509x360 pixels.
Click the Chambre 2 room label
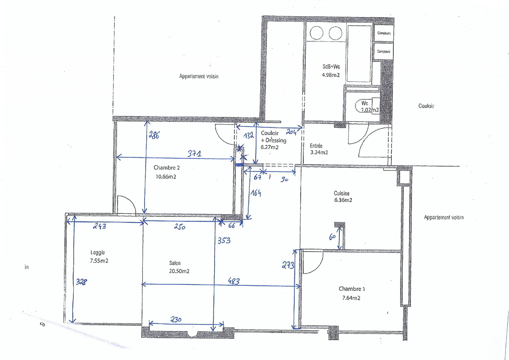click(167, 168)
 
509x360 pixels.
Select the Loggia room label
click(97, 252)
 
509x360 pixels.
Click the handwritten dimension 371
click(194, 154)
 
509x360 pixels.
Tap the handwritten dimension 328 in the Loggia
click(81, 282)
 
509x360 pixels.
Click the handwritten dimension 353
click(224, 241)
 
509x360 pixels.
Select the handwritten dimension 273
click(288, 265)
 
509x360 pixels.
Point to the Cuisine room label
click(342, 193)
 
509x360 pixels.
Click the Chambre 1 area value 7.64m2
click(351, 297)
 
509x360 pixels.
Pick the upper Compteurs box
click(384, 33)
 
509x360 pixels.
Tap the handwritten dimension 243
click(99, 227)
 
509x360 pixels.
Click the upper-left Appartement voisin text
click(198, 76)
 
